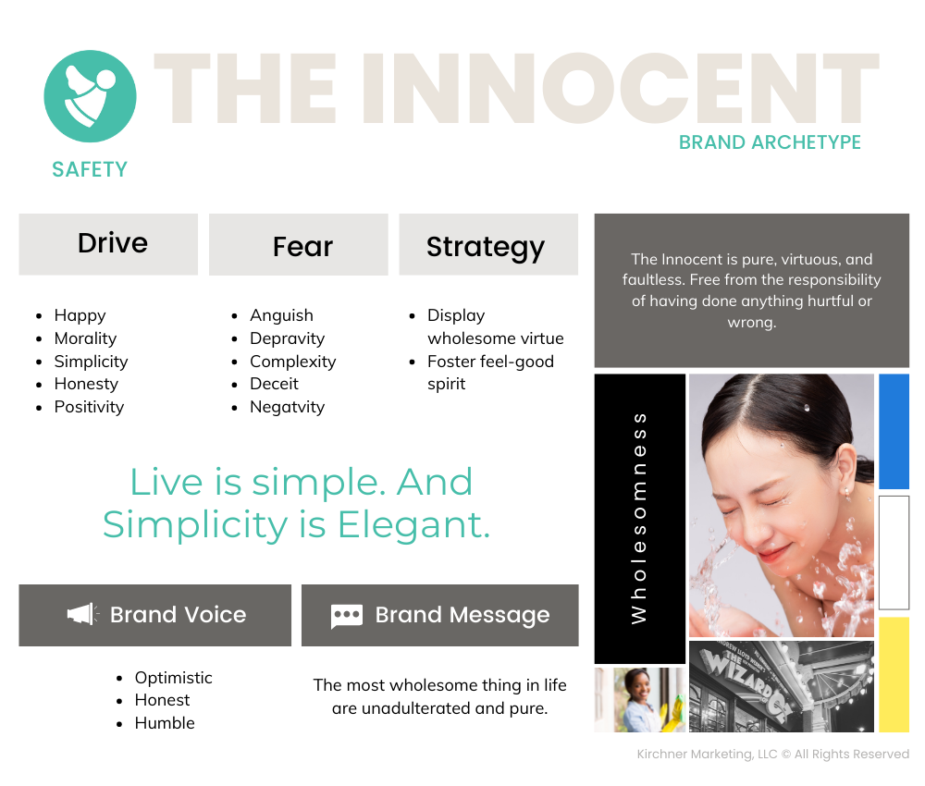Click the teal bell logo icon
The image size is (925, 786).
(x=91, y=96)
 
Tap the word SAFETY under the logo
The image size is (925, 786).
(x=90, y=170)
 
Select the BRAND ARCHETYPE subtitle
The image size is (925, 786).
(x=770, y=142)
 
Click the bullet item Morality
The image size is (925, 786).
(x=85, y=338)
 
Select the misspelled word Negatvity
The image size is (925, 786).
(x=288, y=407)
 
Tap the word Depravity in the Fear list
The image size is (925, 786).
(x=288, y=338)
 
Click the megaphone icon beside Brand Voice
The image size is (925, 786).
(x=82, y=614)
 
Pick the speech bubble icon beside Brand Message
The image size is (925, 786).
(x=347, y=616)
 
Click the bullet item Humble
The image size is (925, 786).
(x=165, y=723)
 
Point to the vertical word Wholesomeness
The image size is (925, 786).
(x=639, y=518)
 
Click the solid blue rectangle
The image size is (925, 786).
(x=894, y=431)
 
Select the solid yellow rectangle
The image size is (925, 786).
(x=894, y=674)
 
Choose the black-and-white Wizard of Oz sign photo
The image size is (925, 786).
(x=781, y=687)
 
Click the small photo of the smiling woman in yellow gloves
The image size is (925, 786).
(x=640, y=700)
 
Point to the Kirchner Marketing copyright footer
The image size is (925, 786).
(x=772, y=755)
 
